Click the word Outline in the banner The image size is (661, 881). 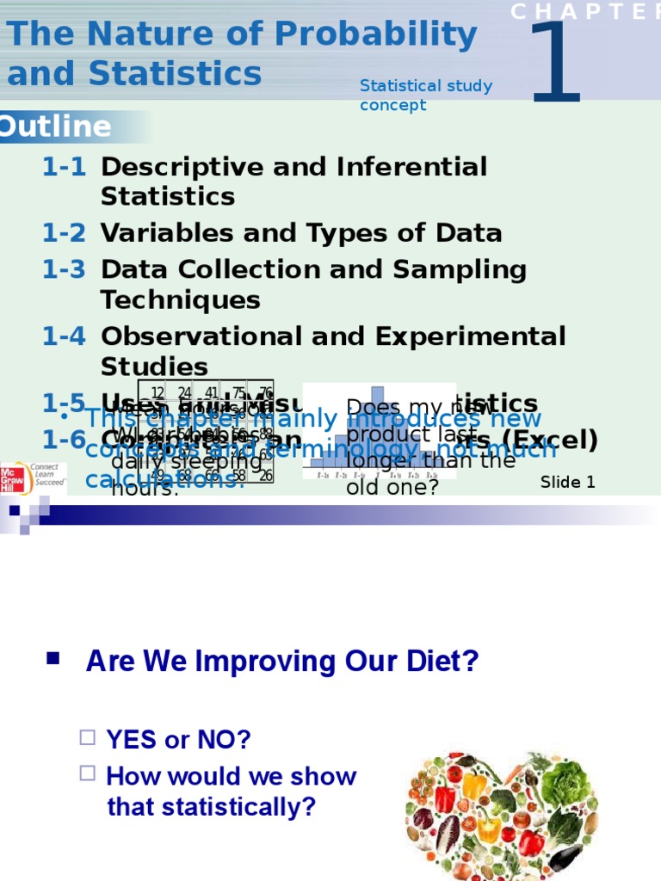click(x=55, y=127)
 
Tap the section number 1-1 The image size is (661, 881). click(x=64, y=167)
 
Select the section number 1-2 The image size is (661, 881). click(x=64, y=233)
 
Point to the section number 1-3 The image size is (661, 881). click(x=64, y=270)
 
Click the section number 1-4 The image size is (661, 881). click(x=64, y=336)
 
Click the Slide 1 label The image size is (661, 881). click(x=567, y=483)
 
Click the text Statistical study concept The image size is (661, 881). click(x=425, y=95)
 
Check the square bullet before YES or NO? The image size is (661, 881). click(x=87, y=737)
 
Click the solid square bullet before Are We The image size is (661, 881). click(x=53, y=659)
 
